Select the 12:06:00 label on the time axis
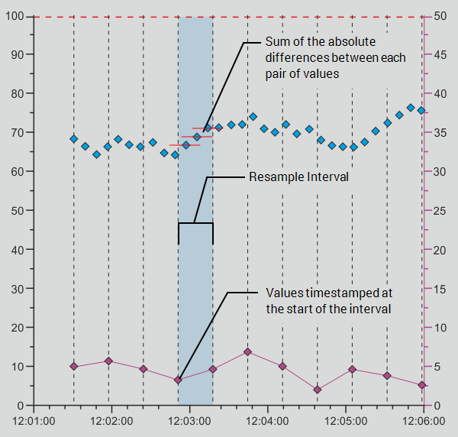point(424,421)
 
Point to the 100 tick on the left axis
point(15,16)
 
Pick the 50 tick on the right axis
point(440,16)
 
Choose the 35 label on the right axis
point(440,133)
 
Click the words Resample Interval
point(298,177)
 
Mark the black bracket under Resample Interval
point(195,224)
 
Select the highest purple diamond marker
point(248,352)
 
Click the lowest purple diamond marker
point(317,390)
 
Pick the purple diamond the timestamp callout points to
point(178,380)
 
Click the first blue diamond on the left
point(73,139)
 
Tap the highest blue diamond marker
point(411,108)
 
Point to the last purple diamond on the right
point(421,385)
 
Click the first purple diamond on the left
point(73,367)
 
